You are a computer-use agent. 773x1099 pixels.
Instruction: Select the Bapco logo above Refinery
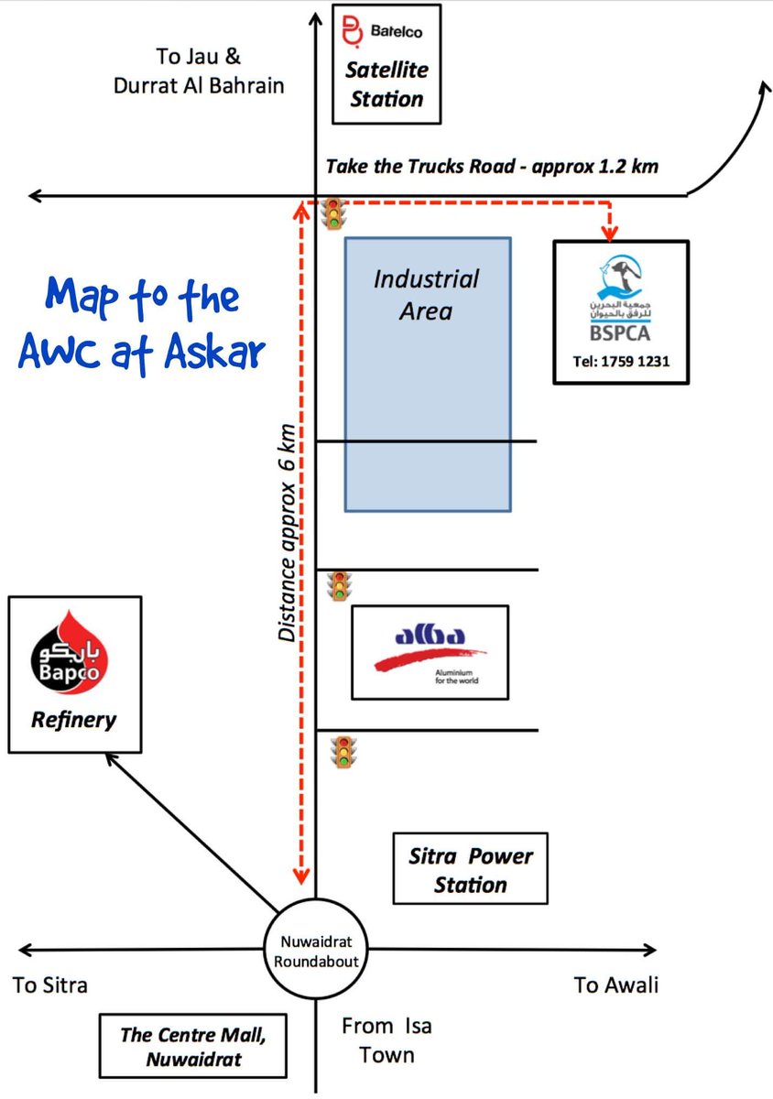coord(73,654)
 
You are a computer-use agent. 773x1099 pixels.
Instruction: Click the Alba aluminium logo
coord(430,649)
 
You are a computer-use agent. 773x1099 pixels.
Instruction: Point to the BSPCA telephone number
coord(621,361)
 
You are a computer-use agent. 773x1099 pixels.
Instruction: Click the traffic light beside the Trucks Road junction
coord(334,213)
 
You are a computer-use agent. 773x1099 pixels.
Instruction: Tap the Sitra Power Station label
coord(470,870)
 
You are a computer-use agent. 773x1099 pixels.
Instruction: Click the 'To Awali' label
coord(615,985)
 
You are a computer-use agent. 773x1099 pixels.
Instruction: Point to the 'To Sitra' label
coord(50,985)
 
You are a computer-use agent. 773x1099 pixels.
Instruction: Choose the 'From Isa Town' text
coord(386,1040)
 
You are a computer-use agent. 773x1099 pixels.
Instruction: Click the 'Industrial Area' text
coord(426,294)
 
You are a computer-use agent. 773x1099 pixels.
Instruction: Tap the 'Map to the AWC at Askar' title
coord(142,325)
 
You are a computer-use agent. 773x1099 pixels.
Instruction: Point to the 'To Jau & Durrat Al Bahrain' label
coord(199,71)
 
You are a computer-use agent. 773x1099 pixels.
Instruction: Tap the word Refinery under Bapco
coord(73,720)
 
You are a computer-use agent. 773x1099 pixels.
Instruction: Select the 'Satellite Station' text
coord(386,83)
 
